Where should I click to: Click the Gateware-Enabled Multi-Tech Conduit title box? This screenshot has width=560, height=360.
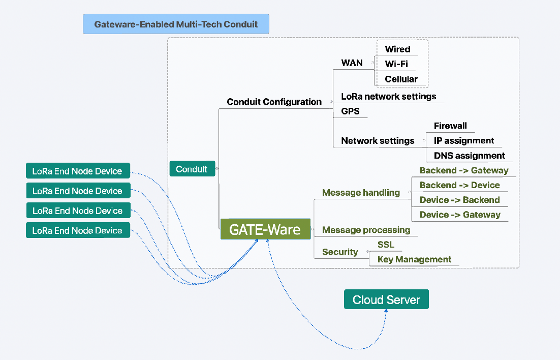click(x=176, y=24)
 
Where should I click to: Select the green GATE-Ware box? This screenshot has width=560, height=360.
click(x=265, y=229)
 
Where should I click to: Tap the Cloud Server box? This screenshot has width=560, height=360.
click(x=386, y=299)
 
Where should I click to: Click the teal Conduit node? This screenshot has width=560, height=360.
click(x=192, y=169)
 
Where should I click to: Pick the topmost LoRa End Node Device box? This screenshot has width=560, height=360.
click(x=78, y=171)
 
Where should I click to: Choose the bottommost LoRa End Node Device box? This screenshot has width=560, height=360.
click(x=78, y=230)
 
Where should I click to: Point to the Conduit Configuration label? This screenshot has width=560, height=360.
click(x=274, y=102)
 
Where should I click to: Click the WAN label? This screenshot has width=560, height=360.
click(x=352, y=63)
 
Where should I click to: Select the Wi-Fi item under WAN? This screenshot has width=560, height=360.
click(x=396, y=64)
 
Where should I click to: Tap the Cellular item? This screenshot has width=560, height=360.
click(x=401, y=79)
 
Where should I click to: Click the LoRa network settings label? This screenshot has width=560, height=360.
click(x=389, y=97)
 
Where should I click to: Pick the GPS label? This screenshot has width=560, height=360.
click(x=350, y=111)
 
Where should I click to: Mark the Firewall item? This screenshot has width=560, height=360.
click(x=450, y=126)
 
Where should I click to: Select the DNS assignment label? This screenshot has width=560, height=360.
click(x=470, y=156)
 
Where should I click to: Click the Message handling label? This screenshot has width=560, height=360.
click(x=361, y=193)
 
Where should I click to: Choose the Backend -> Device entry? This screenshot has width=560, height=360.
click(x=460, y=185)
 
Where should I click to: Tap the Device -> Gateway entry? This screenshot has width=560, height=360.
click(x=460, y=215)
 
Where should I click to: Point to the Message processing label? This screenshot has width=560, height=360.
click(x=366, y=230)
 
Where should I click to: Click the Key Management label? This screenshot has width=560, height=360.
click(x=414, y=259)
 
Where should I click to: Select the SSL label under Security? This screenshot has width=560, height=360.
click(x=386, y=245)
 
